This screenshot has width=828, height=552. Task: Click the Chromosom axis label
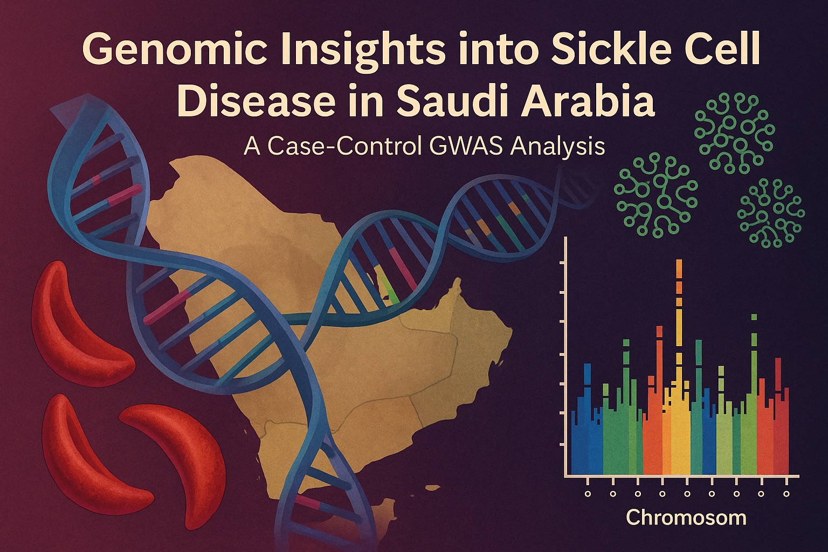[686, 517]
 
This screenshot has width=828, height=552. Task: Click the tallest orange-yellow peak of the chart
[679, 281]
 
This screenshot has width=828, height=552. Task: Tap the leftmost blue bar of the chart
[575, 442]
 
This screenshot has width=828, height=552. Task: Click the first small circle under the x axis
[588, 494]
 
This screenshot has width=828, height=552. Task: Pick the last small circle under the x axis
[786, 494]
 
